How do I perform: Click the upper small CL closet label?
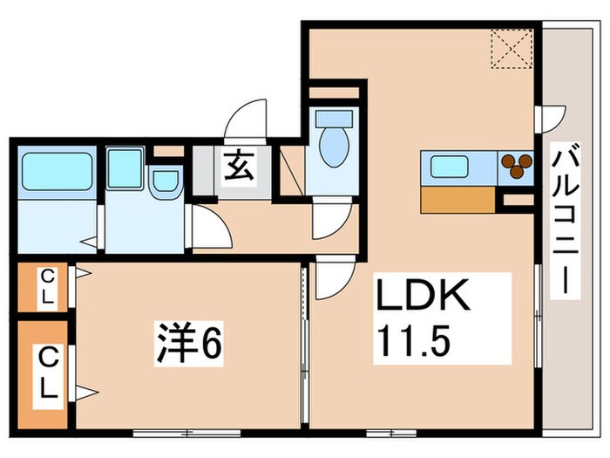(47, 287)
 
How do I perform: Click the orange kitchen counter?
(462, 200)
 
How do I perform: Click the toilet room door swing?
(329, 223)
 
